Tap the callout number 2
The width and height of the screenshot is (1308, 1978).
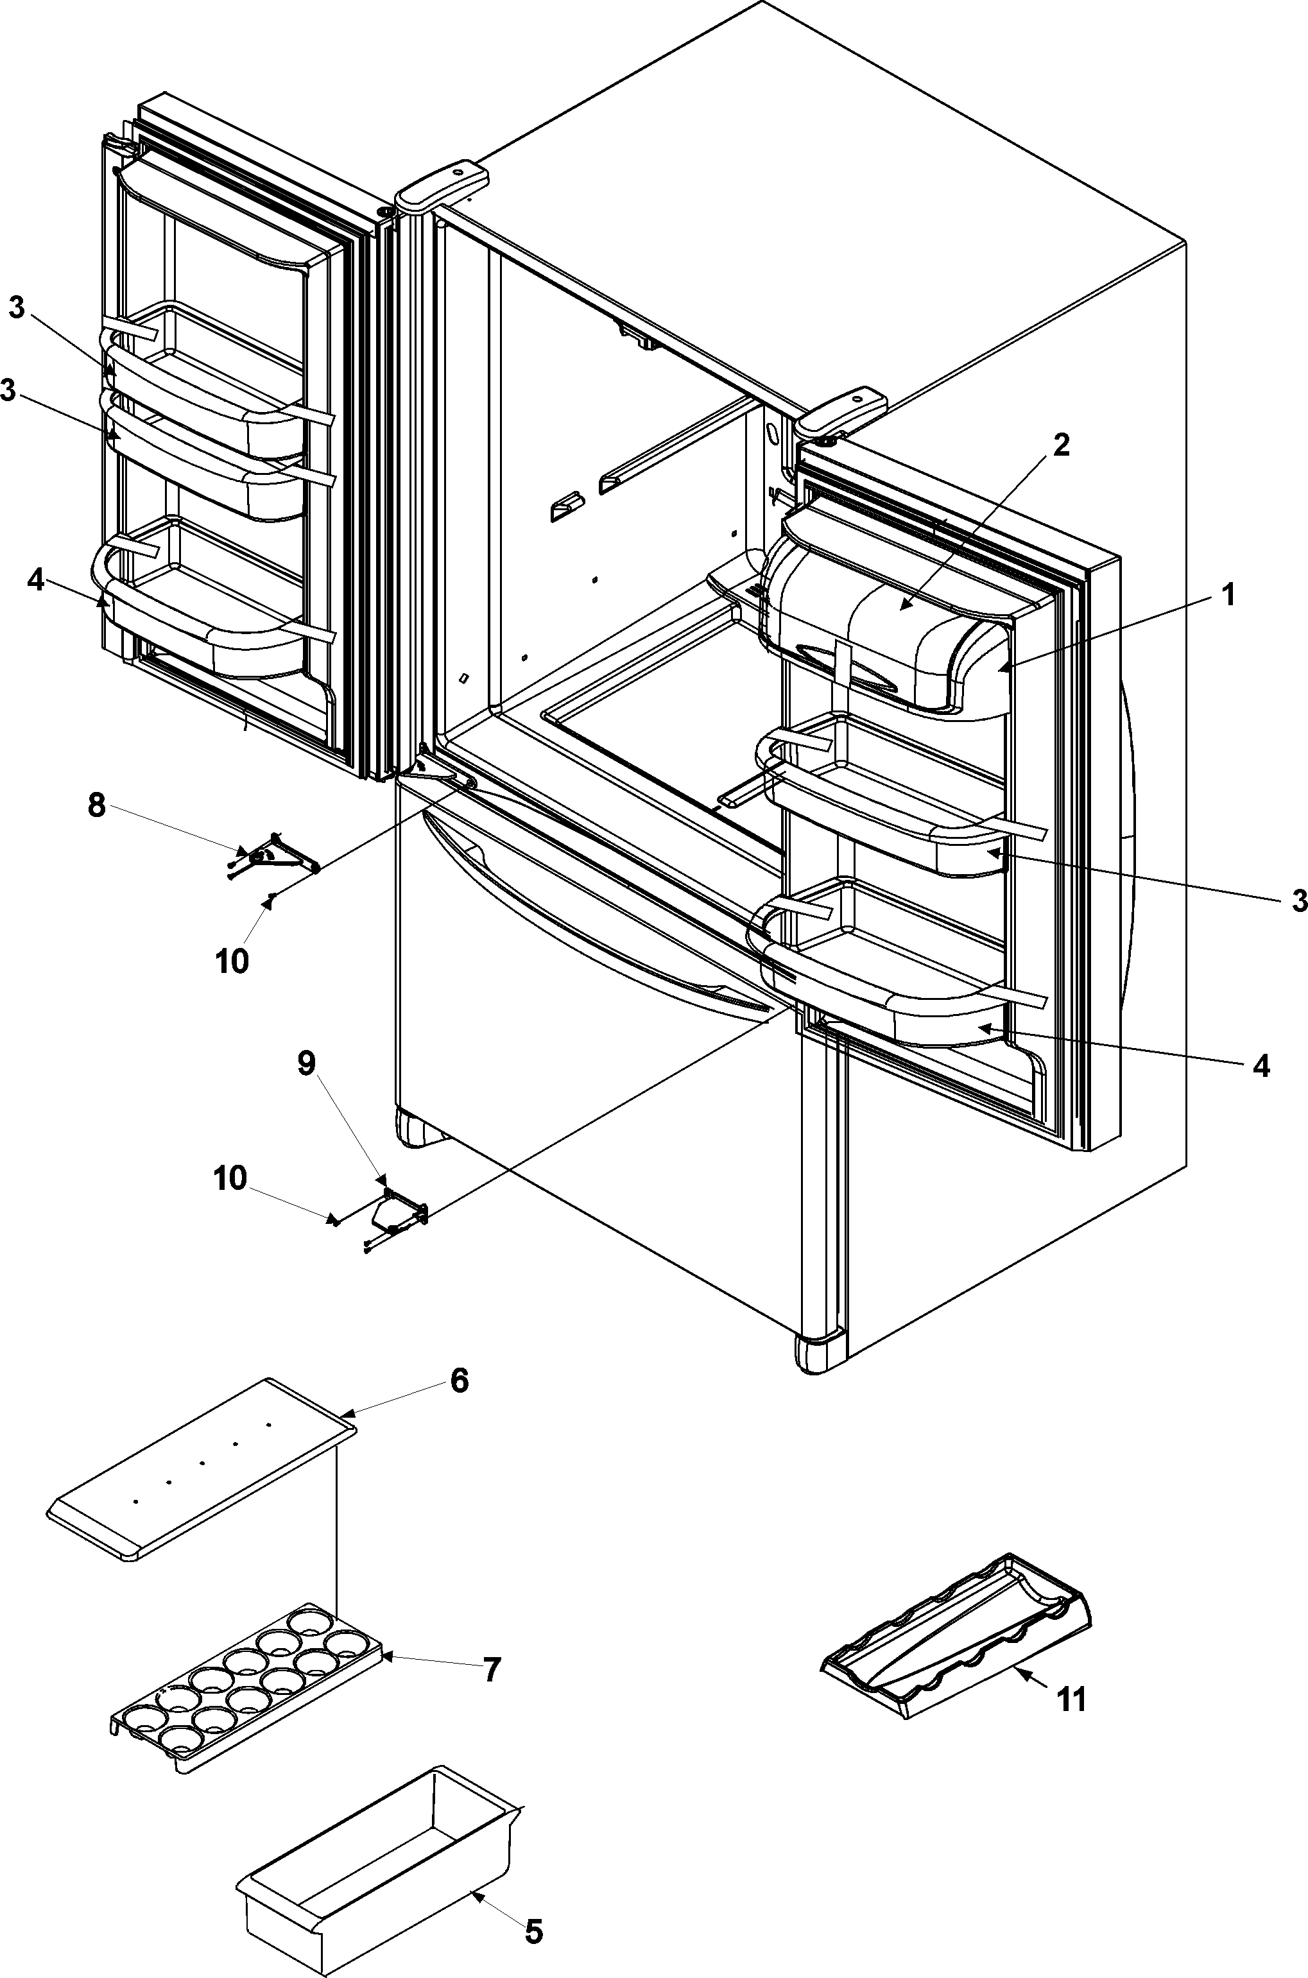point(1060,445)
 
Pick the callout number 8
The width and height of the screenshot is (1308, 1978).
point(97,807)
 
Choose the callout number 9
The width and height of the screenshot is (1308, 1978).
point(307,1065)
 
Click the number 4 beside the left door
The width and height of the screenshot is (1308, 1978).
point(36,581)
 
